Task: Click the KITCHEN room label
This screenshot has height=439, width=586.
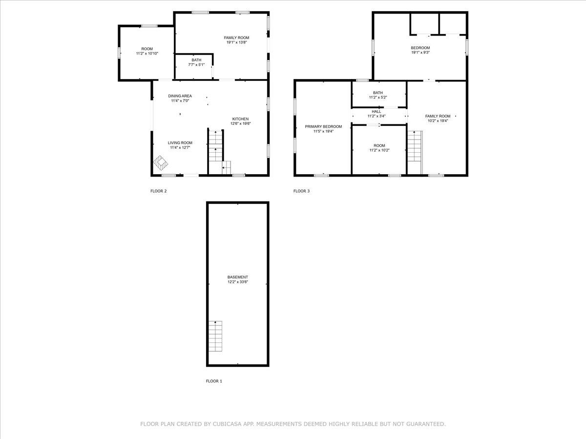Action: click(240, 119)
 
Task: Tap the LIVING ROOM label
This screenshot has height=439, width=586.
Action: click(180, 143)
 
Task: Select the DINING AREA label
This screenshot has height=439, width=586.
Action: click(180, 96)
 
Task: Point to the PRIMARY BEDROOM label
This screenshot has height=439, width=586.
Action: click(323, 127)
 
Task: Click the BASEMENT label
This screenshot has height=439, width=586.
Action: click(238, 277)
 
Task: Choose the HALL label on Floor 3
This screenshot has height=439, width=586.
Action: click(377, 111)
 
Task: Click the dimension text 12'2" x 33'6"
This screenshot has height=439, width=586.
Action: click(238, 282)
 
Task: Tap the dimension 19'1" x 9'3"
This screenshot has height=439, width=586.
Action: click(420, 53)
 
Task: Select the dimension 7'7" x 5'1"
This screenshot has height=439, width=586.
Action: click(196, 65)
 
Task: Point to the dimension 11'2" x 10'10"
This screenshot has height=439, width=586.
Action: click(147, 54)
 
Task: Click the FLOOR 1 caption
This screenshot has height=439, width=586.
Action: click(214, 381)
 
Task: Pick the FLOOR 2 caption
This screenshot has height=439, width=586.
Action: click(159, 191)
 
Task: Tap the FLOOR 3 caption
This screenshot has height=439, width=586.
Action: click(301, 191)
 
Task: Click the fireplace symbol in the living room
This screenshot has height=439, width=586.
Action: click(161, 163)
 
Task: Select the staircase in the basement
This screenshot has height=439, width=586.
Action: click(215, 336)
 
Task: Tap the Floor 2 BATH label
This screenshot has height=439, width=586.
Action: click(196, 60)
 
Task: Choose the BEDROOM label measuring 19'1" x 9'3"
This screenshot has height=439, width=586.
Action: click(420, 48)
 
